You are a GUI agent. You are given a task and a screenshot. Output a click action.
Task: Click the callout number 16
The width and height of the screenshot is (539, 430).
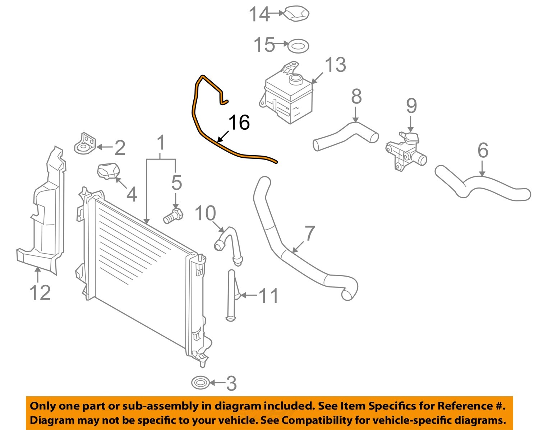pos(239,122)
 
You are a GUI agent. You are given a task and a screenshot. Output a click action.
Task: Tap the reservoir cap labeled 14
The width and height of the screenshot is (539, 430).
pos(297,14)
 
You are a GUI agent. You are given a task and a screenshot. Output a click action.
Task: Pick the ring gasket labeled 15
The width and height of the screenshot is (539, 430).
pos(299,46)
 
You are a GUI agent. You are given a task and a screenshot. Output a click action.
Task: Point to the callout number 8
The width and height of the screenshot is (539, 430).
pos(356,96)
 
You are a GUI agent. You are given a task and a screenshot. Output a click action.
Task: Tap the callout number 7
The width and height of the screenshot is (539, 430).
pos(310,233)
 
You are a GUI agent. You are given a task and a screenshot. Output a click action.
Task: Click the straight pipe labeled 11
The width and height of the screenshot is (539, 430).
pos(231,295)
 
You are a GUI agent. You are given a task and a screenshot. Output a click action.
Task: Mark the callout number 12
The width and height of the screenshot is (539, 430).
pos(40,292)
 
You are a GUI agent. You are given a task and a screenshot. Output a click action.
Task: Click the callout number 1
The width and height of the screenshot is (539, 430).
pos(161,143)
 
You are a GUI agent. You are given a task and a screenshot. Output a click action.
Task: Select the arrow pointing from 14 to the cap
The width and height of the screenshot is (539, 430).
pos(276,14)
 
